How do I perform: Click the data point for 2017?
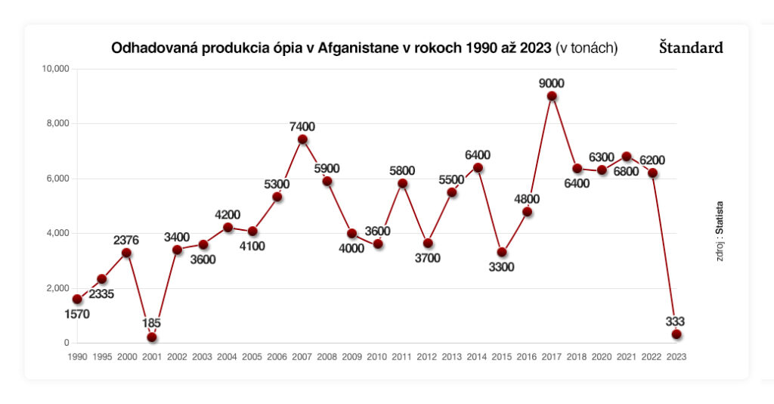(552, 96)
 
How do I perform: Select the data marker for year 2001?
(152, 337)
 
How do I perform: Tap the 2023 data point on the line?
(676, 334)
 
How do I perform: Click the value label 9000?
(552, 83)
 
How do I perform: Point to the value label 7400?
(302, 126)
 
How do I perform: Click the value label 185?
(152, 324)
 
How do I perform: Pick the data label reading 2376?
(127, 240)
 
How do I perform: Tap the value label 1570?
(76, 314)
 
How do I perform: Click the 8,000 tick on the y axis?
(56, 123)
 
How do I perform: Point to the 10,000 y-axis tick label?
(54, 69)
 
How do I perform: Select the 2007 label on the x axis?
(302, 356)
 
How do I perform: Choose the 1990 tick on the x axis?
(77, 356)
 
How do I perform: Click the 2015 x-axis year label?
(502, 356)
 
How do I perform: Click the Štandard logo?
(690, 48)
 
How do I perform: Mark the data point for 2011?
(402, 183)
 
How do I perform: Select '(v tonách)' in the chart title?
(587, 48)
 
